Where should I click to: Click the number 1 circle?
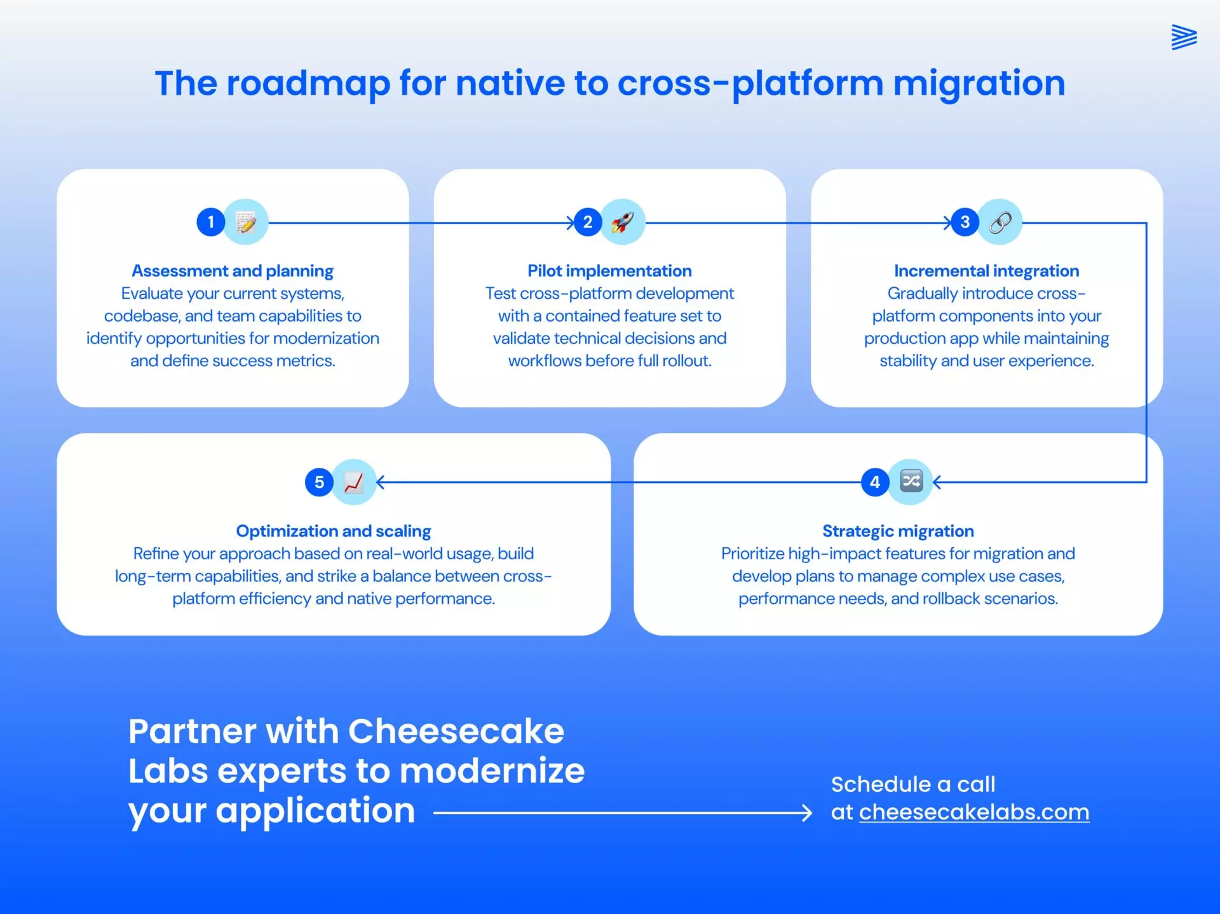pyautogui.click(x=211, y=222)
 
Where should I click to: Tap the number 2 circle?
pyautogui.click(x=588, y=222)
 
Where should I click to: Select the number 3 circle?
pyautogui.click(x=965, y=222)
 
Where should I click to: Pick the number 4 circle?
pyautogui.click(x=875, y=482)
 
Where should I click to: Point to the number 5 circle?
pyautogui.click(x=319, y=482)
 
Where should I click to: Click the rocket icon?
pyautogui.click(x=623, y=222)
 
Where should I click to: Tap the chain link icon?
pyautogui.click(x=1000, y=222)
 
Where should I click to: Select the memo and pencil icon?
pyautogui.click(x=246, y=222)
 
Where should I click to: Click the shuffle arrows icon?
pyautogui.click(x=911, y=481)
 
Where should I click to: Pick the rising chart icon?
pyautogui.click(x=354, y=482)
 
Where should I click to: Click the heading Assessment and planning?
pyautogui.click(x=233, y=271)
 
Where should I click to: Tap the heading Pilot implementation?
pyautogui.click(x=609, y=271)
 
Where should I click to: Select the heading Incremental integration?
pyautogui.click(x=986, y=271)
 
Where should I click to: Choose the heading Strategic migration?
pyautogui.click(x=898, y=531)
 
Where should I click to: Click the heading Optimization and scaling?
pyautogui.click(x=334, y=531)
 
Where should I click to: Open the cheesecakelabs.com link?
pyautogui.click(x=974, y=812)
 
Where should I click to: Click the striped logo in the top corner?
pyautogui.click(x=1184, y=37)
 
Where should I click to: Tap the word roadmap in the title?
pyautogui.click(x=308, y=83)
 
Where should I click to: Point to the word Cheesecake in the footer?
pyautogui.click(x=456, y=731)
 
